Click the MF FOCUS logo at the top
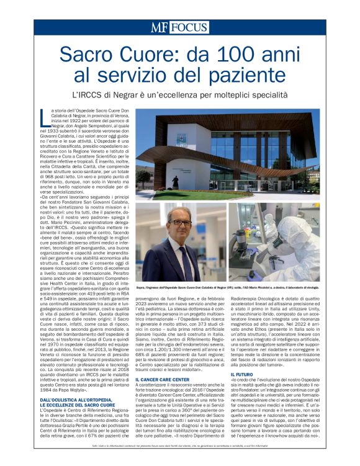[180, 27]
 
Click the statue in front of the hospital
[176, 182]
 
